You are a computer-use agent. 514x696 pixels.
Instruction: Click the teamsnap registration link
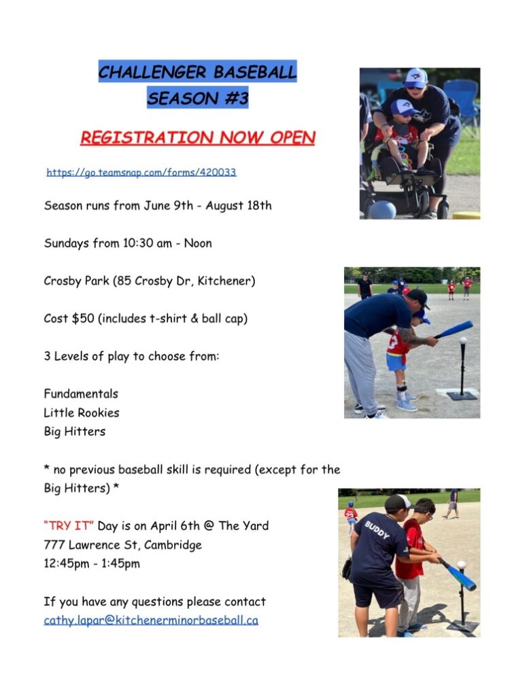141,173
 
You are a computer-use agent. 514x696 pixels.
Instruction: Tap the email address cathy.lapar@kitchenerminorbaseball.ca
151,620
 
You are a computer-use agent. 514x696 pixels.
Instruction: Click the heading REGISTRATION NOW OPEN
197,138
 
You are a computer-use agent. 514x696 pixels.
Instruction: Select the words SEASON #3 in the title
198,98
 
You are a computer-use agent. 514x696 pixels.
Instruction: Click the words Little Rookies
81,413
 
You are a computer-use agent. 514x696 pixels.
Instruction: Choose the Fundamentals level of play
81,394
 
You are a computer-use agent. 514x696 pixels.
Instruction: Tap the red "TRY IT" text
69,525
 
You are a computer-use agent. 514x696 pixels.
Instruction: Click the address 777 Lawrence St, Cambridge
123,544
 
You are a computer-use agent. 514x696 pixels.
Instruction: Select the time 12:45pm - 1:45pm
92,563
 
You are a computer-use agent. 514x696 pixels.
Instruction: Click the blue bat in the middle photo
453,329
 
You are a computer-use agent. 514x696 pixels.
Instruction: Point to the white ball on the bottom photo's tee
462,565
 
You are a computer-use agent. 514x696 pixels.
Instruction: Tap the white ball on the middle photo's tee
463,340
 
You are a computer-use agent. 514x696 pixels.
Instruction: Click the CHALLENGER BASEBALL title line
197,71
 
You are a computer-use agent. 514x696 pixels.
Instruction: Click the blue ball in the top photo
381,209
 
